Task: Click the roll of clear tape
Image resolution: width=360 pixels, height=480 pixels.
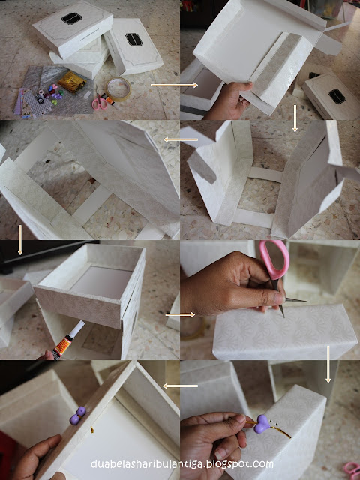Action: click(118, 88)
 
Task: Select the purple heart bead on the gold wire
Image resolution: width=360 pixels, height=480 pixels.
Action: click(262, 424)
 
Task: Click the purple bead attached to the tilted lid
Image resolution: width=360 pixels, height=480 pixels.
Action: click(77, 415)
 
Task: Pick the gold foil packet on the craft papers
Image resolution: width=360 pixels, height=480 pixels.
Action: click(72, 82)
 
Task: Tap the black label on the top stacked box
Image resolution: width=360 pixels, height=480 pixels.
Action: click(72, 18)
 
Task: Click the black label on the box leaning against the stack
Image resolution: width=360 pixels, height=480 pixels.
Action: click(133, 40)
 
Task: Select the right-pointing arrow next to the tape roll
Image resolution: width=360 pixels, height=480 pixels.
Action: click(175, 85)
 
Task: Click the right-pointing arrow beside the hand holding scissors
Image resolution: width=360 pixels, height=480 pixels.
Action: click(180, 314)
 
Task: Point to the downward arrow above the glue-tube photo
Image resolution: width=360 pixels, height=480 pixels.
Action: click(20, 240)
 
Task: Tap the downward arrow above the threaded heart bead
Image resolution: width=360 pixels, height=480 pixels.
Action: click(328, 364)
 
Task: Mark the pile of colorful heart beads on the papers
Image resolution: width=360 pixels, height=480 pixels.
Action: click(53, 94)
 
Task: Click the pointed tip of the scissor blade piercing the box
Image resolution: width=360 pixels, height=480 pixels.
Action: click(283, 316)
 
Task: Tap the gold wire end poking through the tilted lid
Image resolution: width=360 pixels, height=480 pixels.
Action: click(91, 430)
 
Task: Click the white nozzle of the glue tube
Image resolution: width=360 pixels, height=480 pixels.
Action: click(78, 327)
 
